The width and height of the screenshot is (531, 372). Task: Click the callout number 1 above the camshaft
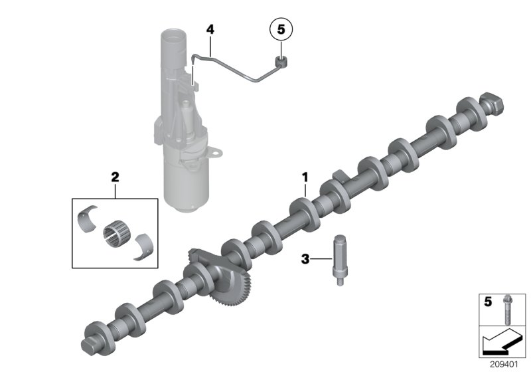305,177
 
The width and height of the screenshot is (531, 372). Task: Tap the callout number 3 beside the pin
305,259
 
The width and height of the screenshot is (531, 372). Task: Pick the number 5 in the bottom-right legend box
488,302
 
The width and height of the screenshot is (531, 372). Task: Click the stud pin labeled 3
339,259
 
